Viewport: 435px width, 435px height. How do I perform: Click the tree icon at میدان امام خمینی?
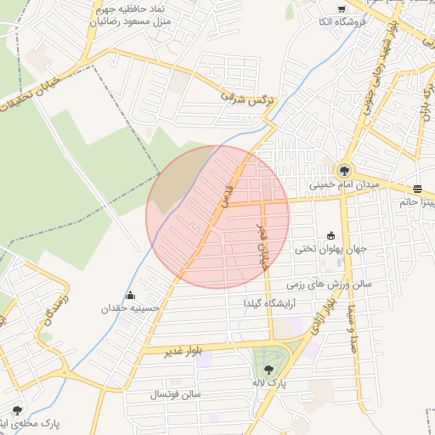tap(345, 169)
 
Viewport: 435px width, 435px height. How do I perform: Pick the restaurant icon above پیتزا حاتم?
tap(417, 189)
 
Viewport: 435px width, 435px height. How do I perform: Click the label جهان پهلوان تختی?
tap(330, 250)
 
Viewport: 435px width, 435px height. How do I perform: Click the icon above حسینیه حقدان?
tap(130, 297)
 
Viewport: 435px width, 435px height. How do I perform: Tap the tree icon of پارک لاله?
tap(269, 370)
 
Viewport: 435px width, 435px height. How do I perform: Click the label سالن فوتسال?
tap(175, 395)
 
